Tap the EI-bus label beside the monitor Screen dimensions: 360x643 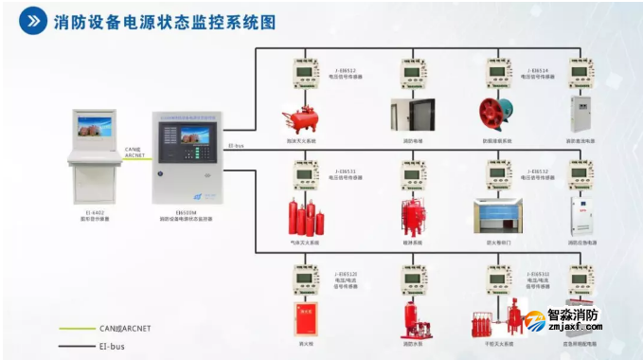pos(237,147)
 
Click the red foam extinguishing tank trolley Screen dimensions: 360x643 pos(302,119)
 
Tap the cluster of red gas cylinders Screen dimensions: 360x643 pos(305,219)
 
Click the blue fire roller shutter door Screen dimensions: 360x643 pos(498,218)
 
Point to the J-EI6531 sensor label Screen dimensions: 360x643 pos(343,171)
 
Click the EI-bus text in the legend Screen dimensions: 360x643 pos(113,346)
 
